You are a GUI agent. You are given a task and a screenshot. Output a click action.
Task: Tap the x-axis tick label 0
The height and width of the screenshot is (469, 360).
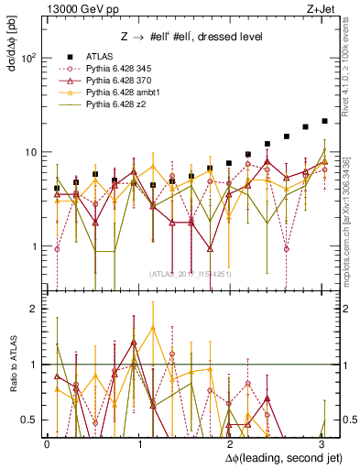tap(47, 444)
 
